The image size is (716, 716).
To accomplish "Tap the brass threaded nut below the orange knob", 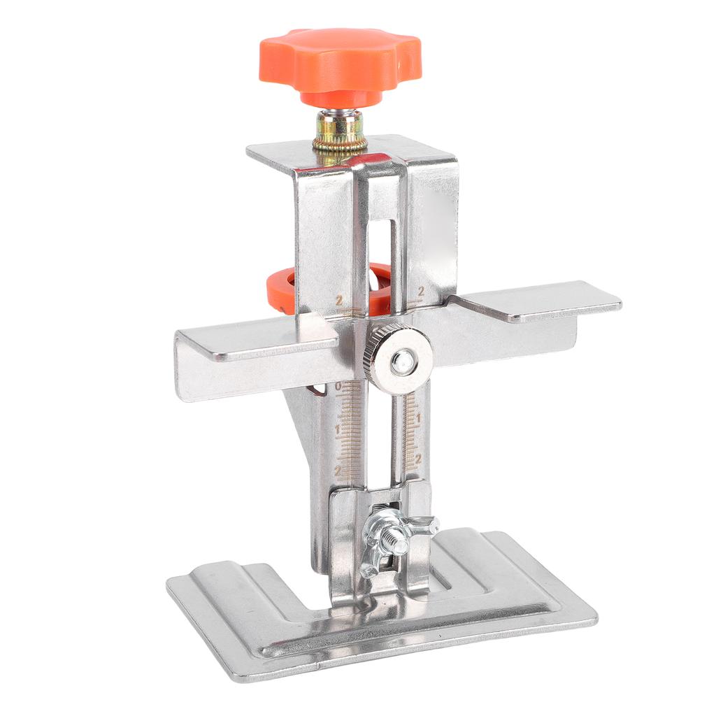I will [340, 132].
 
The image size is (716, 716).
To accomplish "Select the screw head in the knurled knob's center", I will [401, 361].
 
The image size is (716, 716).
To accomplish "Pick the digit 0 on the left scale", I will [338, 387].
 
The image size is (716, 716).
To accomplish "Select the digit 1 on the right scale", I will [419, 419].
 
